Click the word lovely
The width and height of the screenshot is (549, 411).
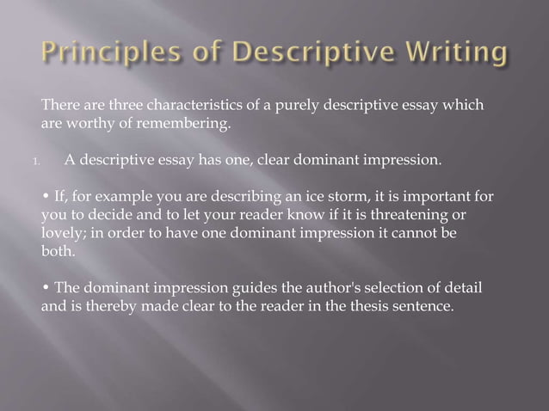[62, 232]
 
